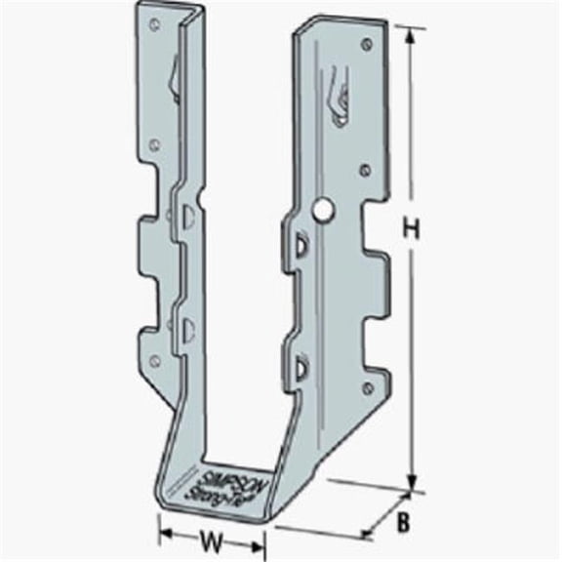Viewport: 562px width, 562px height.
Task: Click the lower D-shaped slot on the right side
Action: point(300,365)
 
